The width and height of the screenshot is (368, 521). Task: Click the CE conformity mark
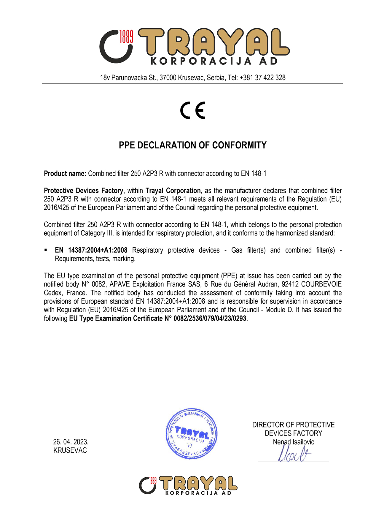click(193, 110)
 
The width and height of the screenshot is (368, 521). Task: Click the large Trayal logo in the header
click(194, 46)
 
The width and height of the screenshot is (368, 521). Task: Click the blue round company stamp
click(192, 433)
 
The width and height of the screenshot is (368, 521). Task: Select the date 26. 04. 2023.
click(71, 442)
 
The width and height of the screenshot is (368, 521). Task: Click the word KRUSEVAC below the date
click(70, 450)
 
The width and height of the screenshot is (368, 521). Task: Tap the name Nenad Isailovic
click(293, 442)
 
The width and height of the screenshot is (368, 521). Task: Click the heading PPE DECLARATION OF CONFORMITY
click(192, 145)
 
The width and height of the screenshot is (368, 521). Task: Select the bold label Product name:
click(65, 173)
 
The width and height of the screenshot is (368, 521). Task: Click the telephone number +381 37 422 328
click(262, 78)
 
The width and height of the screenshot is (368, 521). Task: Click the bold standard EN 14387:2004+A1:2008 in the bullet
click(91, 250)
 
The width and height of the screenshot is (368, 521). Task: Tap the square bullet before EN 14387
click(46, 250)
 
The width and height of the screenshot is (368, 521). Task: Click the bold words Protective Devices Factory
click(83, 191)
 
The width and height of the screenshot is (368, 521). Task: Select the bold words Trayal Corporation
click(173, 191)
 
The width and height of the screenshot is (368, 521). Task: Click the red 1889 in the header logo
click(126, 37)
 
